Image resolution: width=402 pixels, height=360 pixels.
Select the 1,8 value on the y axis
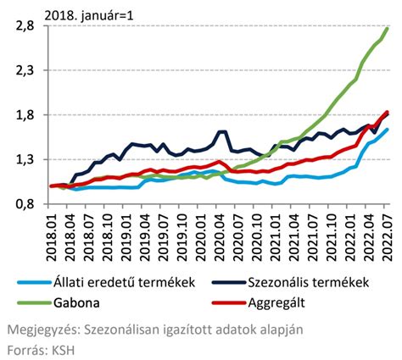coord(23,115)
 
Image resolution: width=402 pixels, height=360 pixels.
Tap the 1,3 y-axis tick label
coord(23,159)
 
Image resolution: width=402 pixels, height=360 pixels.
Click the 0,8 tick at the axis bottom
coord(23,204)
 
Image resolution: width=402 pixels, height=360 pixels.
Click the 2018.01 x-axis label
coord(52,233)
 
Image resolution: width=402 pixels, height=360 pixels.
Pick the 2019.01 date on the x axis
coord(126,233)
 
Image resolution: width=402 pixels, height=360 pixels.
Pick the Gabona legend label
coord(76,302)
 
